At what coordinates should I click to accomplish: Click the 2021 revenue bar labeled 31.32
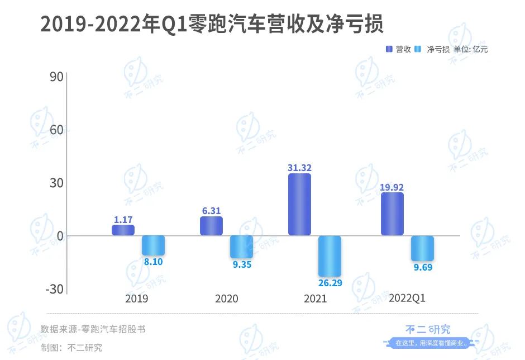(x=299, y=204)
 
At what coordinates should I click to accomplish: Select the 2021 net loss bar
(x=330, y=255)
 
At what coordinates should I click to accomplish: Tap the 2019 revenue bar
(x=123, y=230)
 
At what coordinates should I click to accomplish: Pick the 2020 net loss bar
(x=241, y=247)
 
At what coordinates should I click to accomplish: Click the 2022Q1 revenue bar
(x=392, y=214)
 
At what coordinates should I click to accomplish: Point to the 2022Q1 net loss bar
(x=422, y=248)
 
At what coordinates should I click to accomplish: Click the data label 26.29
(x=330, y=283)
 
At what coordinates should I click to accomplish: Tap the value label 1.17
(x=123, y=220)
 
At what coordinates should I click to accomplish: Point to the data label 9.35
(x=242, y=264)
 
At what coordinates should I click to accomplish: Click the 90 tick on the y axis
(x=56, y=77)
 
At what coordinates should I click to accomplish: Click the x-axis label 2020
(x=226, y=299)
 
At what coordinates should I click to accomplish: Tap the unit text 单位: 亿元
(x=471, y=49)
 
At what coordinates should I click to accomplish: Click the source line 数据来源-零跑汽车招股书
(x=93, y=329)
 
